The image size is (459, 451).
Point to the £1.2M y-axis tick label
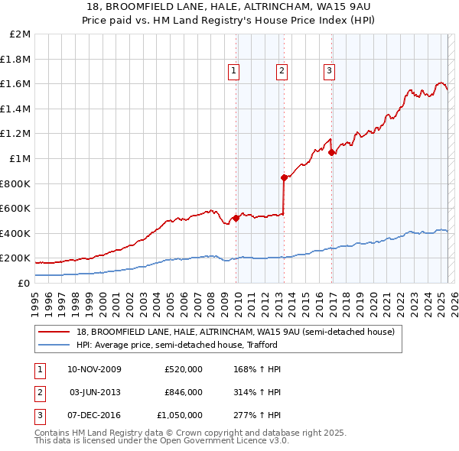17,134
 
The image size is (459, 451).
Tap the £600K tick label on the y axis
16,208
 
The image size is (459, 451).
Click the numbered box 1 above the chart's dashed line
233,71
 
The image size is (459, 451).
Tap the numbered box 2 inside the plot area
282,71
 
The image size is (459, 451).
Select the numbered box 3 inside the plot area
329,71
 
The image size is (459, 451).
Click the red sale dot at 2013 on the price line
284,177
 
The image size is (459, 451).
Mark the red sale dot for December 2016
331,152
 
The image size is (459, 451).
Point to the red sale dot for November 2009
236,218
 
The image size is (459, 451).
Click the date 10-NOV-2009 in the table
94,369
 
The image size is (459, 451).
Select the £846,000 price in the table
184,392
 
